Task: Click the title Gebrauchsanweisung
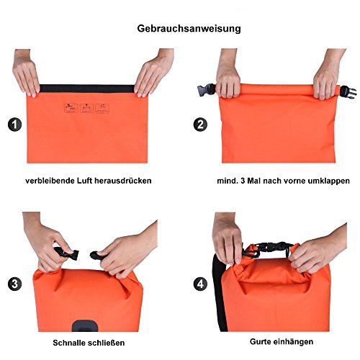[189, 29]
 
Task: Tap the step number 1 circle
[15, 125]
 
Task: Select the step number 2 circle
[200, 125]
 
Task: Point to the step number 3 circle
[15, 284]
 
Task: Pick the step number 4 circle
[200, 284]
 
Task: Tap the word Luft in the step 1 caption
[84, 181]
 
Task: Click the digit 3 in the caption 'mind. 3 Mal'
[243, 181]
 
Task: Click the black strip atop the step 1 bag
[87, 89]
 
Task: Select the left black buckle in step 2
[207, 90]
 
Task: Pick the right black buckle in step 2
[348, 92]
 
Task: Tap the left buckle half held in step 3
[68, 253]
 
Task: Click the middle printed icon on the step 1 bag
[86, 109]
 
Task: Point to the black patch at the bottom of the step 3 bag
[85, 325]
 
